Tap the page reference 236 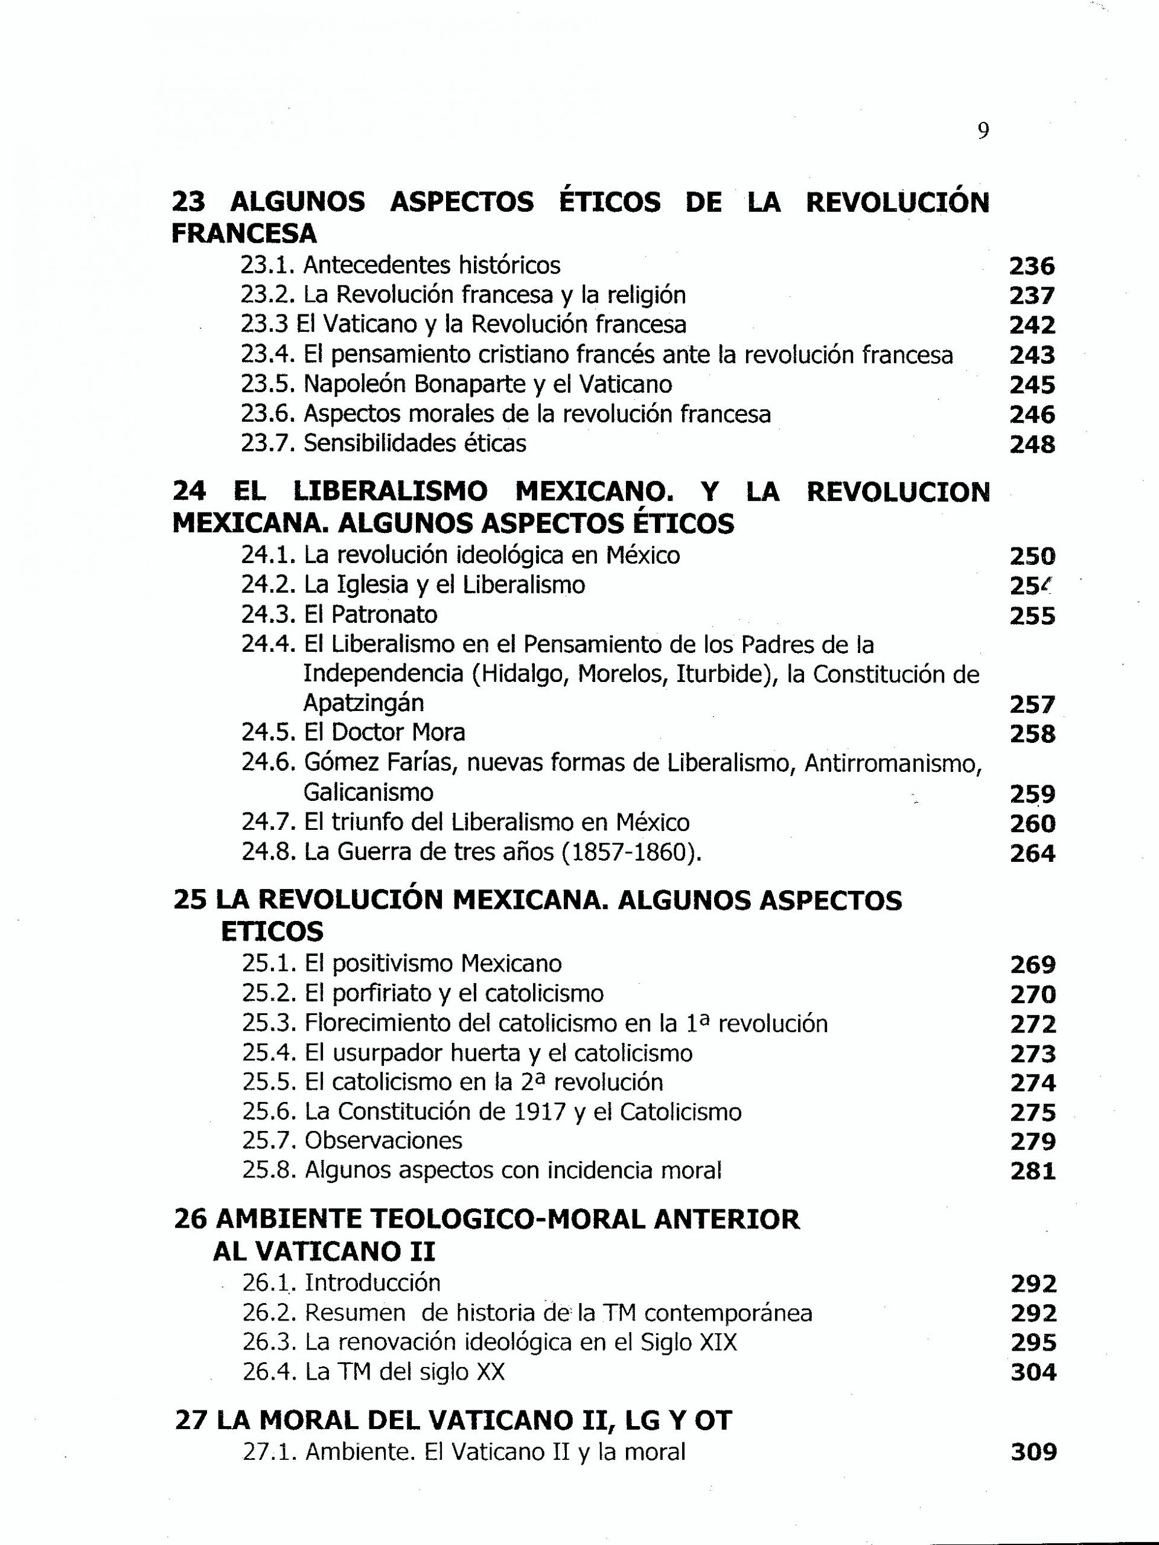coord(1032,266)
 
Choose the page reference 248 coord(1032,444)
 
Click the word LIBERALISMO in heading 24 coord(390,492)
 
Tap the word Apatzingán coord(363,703)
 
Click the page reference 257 coord(1032,705)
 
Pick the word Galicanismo coord(368,793)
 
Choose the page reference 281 coord(1033,1171)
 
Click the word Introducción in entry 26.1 coord(372,1283)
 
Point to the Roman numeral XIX coord(718,1342)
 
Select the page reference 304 coord(1033,1372)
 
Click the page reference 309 coord(1033,1453)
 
